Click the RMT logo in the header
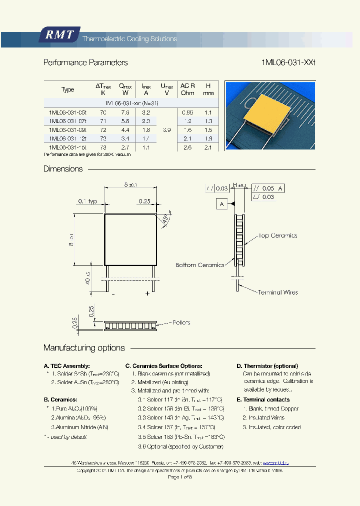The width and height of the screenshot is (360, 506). (x=59, y=35)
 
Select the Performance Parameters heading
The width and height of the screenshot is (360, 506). (x=85, y=63)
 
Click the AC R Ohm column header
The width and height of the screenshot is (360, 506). (x=187, y=89)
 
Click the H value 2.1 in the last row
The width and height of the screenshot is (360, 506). (x=208, y=147)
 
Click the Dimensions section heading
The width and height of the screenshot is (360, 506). (x=63, y=169)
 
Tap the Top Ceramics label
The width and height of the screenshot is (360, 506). (x=277, y=235)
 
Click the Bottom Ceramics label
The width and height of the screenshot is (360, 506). (x=200, y=265)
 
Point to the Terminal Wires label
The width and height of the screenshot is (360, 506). (x=277, y=292)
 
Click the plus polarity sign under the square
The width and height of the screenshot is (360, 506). (x=147, y=294)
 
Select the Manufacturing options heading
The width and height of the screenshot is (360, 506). (x=84, y=348)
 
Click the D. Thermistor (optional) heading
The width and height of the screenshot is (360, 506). (x=267, y=366)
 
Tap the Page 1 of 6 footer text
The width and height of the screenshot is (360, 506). (x=180, y=477)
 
